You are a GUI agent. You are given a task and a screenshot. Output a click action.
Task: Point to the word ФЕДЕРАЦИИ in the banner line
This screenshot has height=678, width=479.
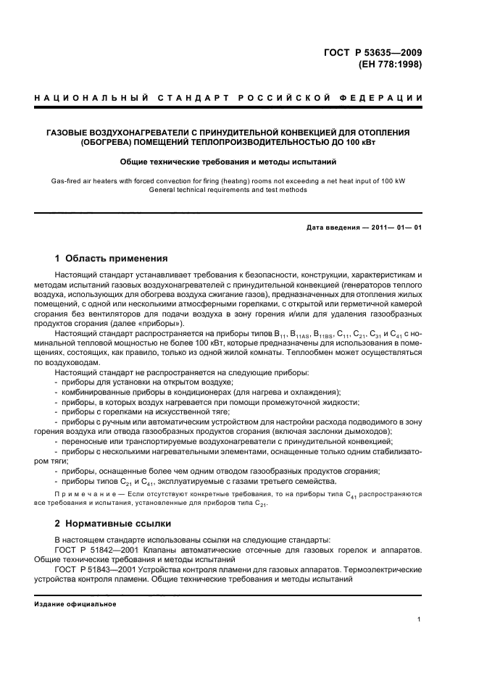pos(386,98)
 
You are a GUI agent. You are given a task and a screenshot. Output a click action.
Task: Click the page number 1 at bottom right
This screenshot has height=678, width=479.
pos(420,619)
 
